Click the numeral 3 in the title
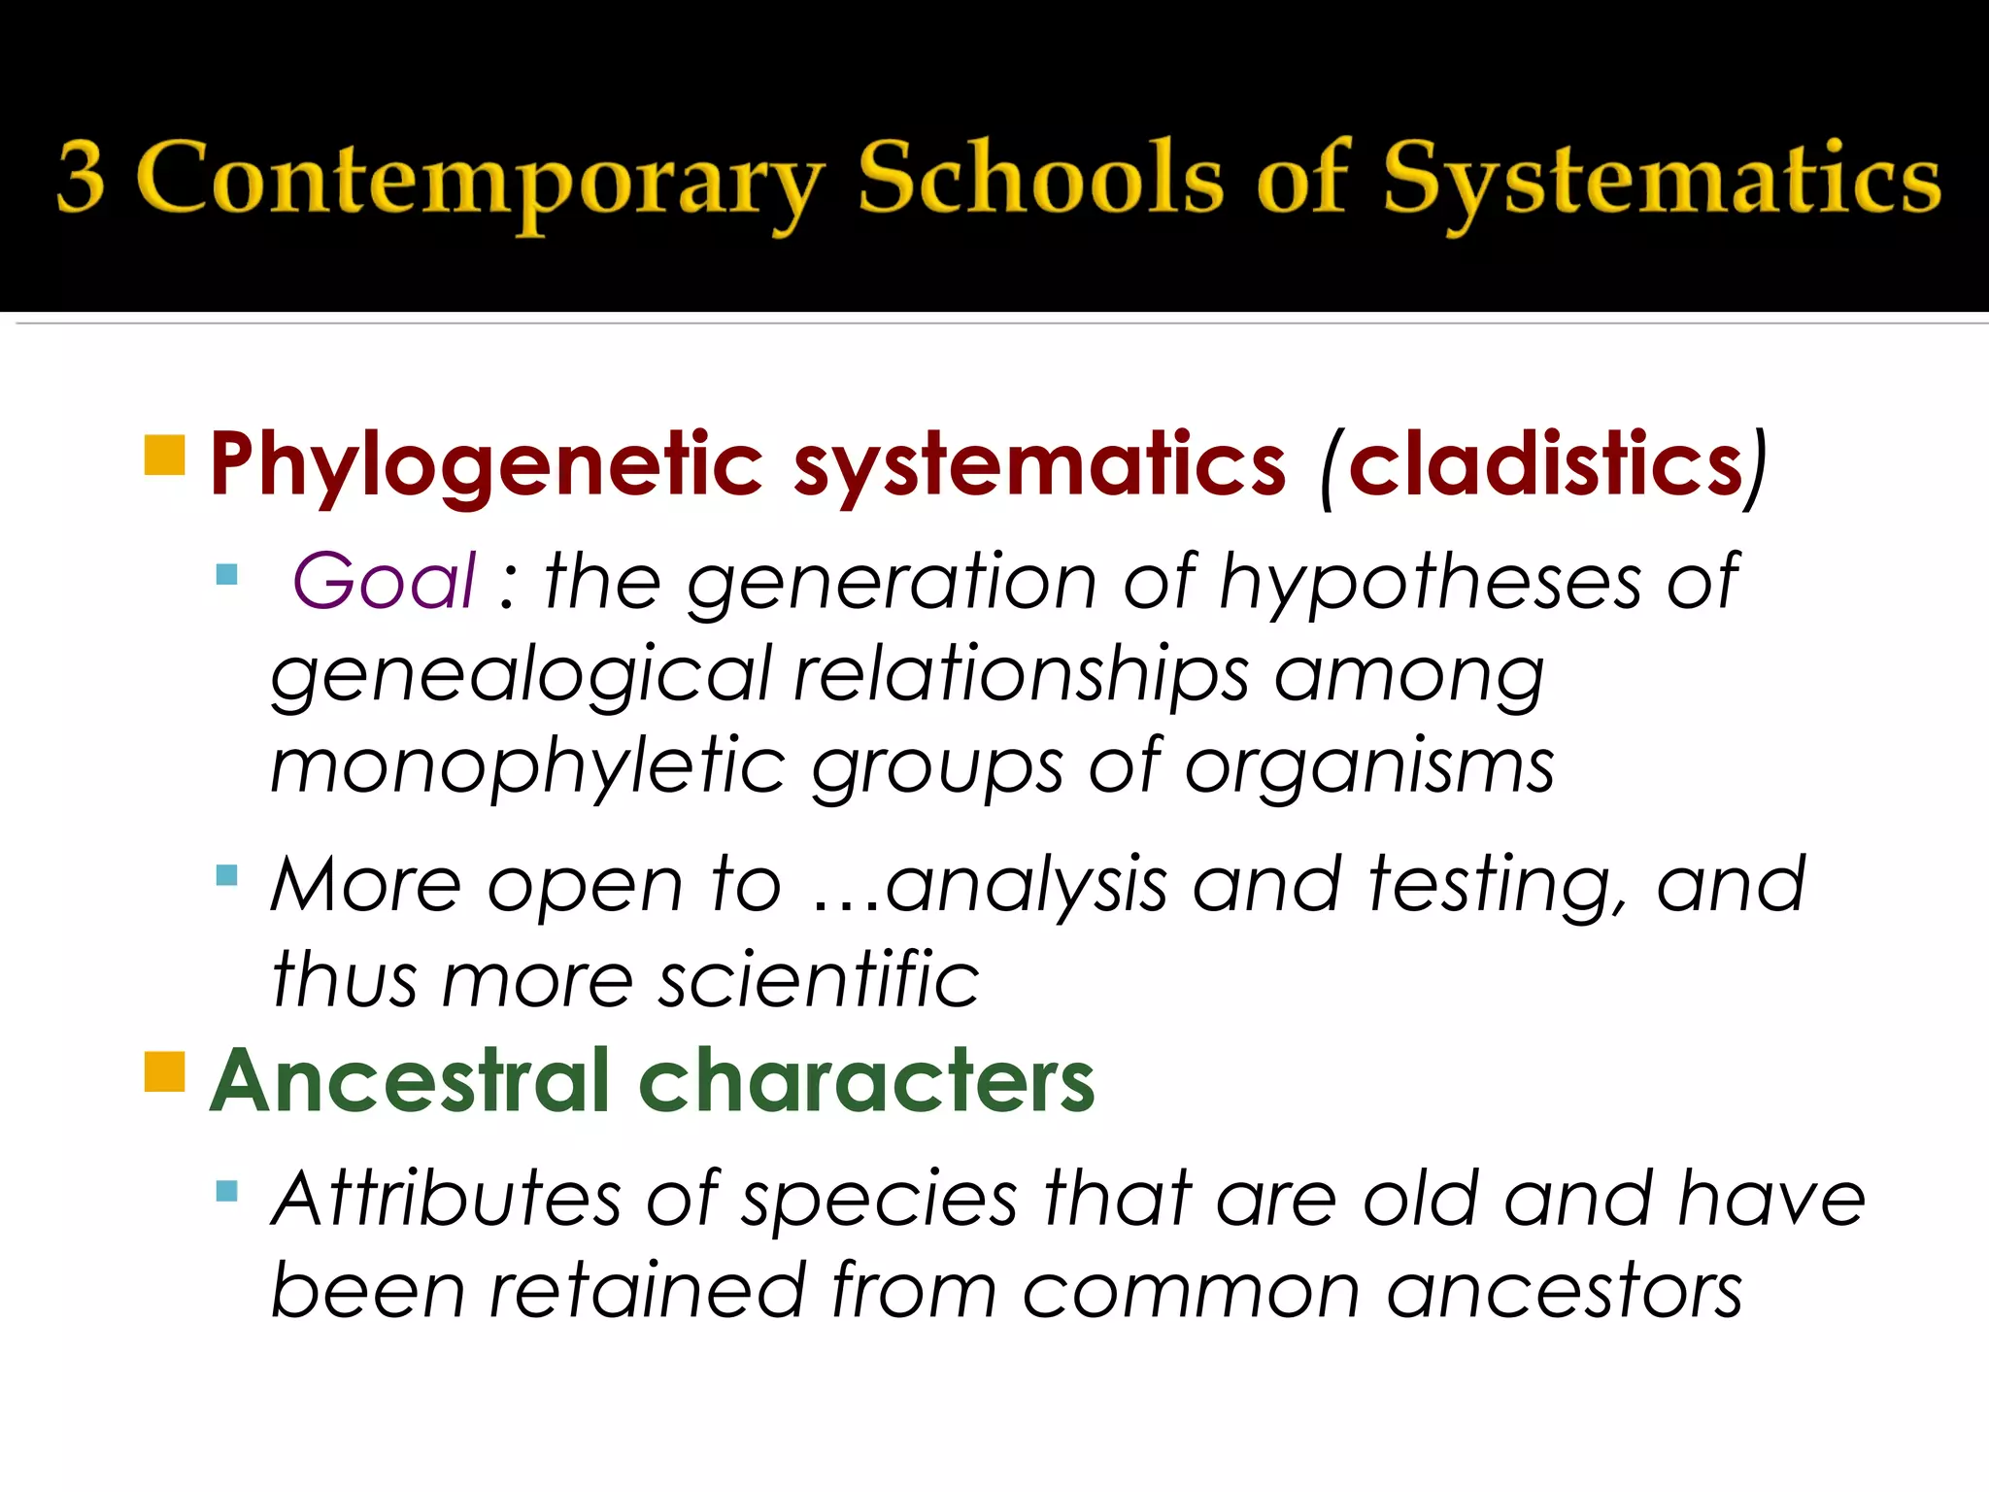click(x=82, y=177)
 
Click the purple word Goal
click(x=385, y=581)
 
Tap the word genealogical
click(x=520, y=676)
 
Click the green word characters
click(x=867, y=1081)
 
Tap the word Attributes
click(x=447, y=1199)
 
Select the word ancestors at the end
click(x=1565, y=1292)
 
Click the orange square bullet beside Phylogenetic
click(x=164, y=455)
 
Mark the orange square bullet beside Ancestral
click(x=164, y=1071)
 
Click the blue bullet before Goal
click(x=227, y=573)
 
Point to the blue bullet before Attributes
click(x=227, y=1190)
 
